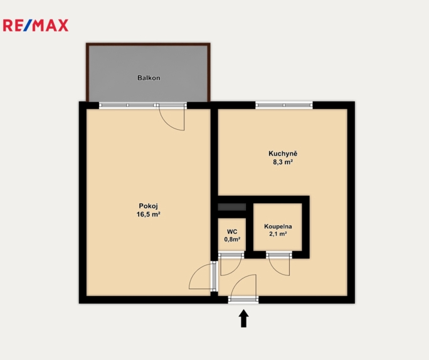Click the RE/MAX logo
tap(36, 26)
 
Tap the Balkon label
tap(149, 78)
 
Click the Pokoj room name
tap(148, 206)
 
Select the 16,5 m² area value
tap(148, 214)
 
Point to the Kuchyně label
tap(283, 154)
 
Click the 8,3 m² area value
tap(283, 162)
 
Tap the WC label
tap(232, 232)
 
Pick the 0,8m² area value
tap(232, 240)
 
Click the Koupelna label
tap(278, 226)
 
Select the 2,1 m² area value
tap(278, 234)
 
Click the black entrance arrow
tap(243, 318)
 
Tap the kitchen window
tap(284, 105)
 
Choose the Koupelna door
tap(279, 264)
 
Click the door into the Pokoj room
tap(203, 277)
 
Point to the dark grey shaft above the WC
tap(231, 207)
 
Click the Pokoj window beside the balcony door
tap(127, 105)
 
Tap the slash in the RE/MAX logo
tap(28, 26)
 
